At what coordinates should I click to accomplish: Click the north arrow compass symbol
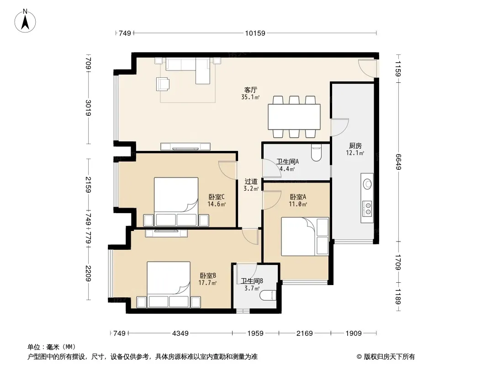25,21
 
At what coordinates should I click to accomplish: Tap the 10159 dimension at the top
255,33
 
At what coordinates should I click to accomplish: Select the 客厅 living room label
250,90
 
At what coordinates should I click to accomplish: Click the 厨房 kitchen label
355,145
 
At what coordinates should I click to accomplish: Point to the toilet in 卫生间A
316,153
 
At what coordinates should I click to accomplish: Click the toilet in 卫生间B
268,295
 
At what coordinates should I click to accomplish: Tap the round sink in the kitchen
368,184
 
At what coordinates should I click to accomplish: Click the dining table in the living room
294,117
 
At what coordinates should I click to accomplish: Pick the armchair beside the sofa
163,84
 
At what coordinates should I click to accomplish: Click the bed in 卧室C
176,201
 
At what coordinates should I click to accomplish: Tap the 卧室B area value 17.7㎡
207,283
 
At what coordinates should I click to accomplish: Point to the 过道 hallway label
251,181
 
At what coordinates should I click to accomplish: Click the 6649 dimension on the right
398,162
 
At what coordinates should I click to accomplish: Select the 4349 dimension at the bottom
180,334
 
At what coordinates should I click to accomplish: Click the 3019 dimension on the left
88,108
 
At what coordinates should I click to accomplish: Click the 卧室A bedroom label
298,197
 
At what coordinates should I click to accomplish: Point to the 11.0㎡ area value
298,205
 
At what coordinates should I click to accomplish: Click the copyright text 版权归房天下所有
389,357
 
